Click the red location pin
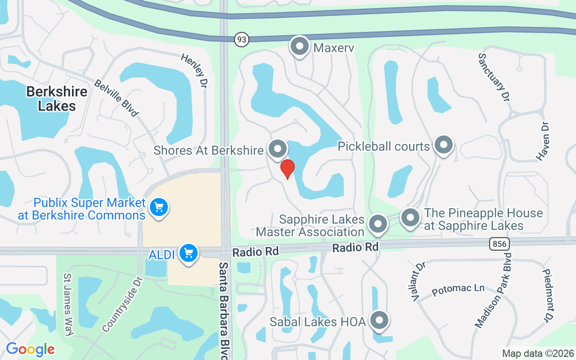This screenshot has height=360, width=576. pyautogui.click(x=287, y=169)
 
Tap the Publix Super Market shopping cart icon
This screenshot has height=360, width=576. pyautogui.click(x=158, y=207)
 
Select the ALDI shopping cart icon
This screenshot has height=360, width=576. pyautogui.click(x=188, y=253)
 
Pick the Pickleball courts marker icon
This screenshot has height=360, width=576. pyautogui.click(x=444, y=145)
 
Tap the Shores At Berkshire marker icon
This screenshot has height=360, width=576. pyautogui.click(x=278, y=148)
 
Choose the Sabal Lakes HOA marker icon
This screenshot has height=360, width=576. pyautogui.click(x=379, y=320)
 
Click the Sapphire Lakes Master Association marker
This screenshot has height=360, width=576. pyautogui.click(x=378, y=224)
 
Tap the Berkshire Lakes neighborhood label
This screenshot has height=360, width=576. pyautogui.click(x=57, y=99)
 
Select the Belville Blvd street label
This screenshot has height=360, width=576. pyautogui.click(x=116, y=98)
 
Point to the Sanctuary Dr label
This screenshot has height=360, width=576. pyautogui.click(x=494, y=77)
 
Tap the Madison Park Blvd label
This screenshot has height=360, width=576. pyautogui.click(x=494, y=290)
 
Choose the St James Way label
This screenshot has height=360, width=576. pyautogui.click(x=68, y=305)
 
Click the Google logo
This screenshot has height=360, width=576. pyautogui.click(x=30, y=349)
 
